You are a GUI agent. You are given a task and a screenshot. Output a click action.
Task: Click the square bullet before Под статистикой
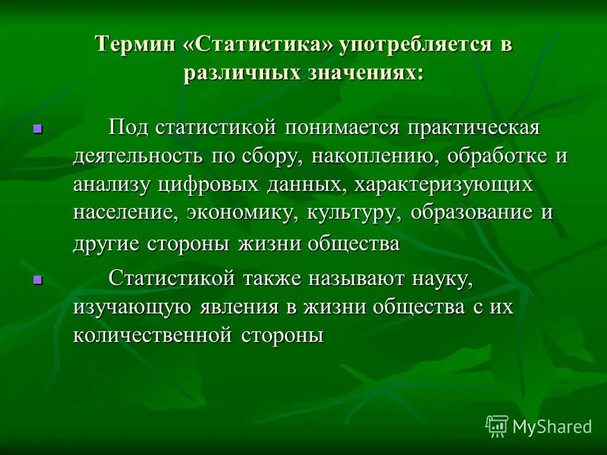[x=37, y=129]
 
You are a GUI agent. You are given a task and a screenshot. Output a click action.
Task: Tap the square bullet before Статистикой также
[x=37, y=279]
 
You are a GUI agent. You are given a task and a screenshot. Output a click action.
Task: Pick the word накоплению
[x=376, y=157]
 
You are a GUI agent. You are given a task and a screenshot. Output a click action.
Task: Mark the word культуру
[x=353, y=213]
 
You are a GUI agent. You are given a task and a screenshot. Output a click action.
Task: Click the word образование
[x=471, y=213]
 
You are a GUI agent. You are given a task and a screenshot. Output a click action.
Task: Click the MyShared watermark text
[x=552, y=426]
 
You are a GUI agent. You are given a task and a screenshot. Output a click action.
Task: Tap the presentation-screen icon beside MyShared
[x=496, y=426]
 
